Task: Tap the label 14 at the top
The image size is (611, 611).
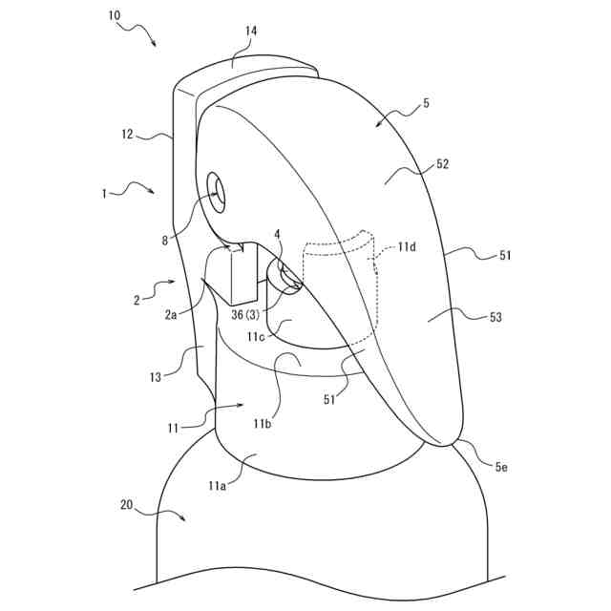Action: click(x=250, y=32)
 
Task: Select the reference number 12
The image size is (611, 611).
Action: click(x=127, y=136)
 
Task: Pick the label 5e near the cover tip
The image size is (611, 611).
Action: click(x=501, y=466)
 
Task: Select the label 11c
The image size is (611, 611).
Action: click(x=255, y=337)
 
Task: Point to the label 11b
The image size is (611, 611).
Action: click(x=264, y=422)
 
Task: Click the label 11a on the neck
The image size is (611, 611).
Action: click(x=220, y=485)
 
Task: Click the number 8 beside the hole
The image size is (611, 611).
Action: click(x=164, y=241)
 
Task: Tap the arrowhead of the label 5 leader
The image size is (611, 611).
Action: click(x=377, y=124)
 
